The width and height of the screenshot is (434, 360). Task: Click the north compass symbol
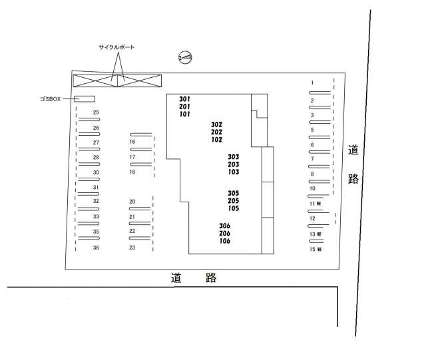point(185,57)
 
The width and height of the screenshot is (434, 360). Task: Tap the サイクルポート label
point(116,47)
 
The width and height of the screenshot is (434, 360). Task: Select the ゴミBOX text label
point(51,99)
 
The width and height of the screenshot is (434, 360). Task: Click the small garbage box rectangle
point(85,98)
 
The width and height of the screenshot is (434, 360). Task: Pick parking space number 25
point(96,112)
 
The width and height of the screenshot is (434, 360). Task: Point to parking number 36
point(96,248)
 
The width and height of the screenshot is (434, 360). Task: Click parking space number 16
point(132,142)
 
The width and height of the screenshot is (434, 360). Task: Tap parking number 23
point(132,248)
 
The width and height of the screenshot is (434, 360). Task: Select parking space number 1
point(312,83)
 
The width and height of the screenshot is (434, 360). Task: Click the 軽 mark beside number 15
point(320,249)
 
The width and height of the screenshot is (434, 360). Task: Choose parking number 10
point(312,189)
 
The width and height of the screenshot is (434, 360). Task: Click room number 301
point(184,99)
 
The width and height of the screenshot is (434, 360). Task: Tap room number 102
point(217,140)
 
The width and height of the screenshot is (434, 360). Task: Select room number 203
point(234,164)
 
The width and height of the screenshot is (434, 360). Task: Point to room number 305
point(234,193)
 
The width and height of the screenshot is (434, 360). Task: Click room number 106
point(225,241)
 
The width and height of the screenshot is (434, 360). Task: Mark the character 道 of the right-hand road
point(353,150)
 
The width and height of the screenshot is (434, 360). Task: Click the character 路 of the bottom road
point(211,277)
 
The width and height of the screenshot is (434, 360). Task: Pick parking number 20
point(132,202)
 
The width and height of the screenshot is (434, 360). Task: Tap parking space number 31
point(96,188)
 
